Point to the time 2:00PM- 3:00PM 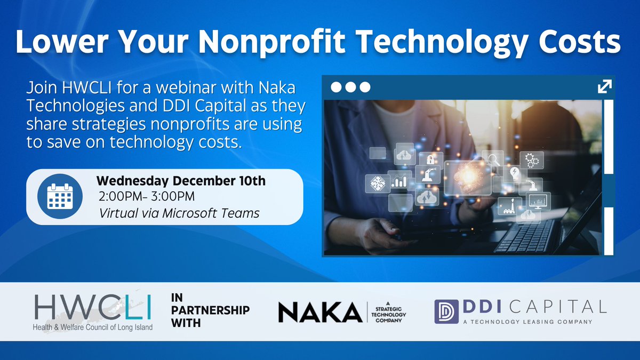click(147, 197)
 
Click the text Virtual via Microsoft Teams click(179, 213)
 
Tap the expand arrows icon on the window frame click(604, 86)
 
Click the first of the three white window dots click(337, 87)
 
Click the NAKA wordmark click(320, 311)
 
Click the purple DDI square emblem click(444, 311)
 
